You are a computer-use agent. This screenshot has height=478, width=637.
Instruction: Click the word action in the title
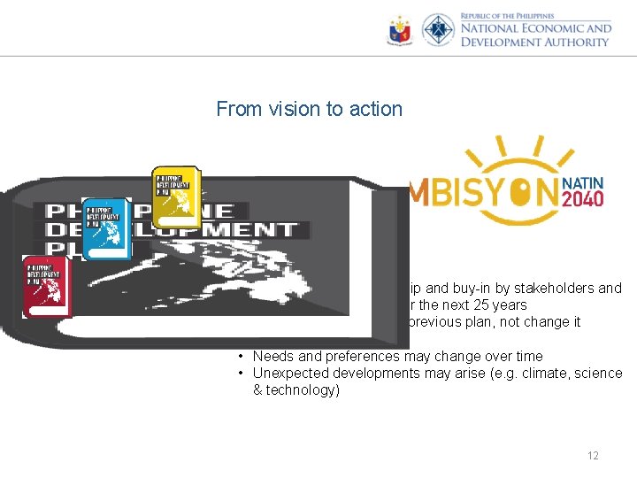tap(374, 110)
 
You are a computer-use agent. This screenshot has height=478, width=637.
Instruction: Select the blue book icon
tap(104, 227)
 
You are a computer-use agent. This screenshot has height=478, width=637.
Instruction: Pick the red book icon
tap(46, 285)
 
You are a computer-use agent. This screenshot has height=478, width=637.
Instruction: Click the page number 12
tap(593, 456)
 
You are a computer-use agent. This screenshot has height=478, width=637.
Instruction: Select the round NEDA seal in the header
tap(438, 31)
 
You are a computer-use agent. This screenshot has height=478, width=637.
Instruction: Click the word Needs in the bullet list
tap(271, 356)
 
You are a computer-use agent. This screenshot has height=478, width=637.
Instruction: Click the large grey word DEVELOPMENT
tap(173, 229)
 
